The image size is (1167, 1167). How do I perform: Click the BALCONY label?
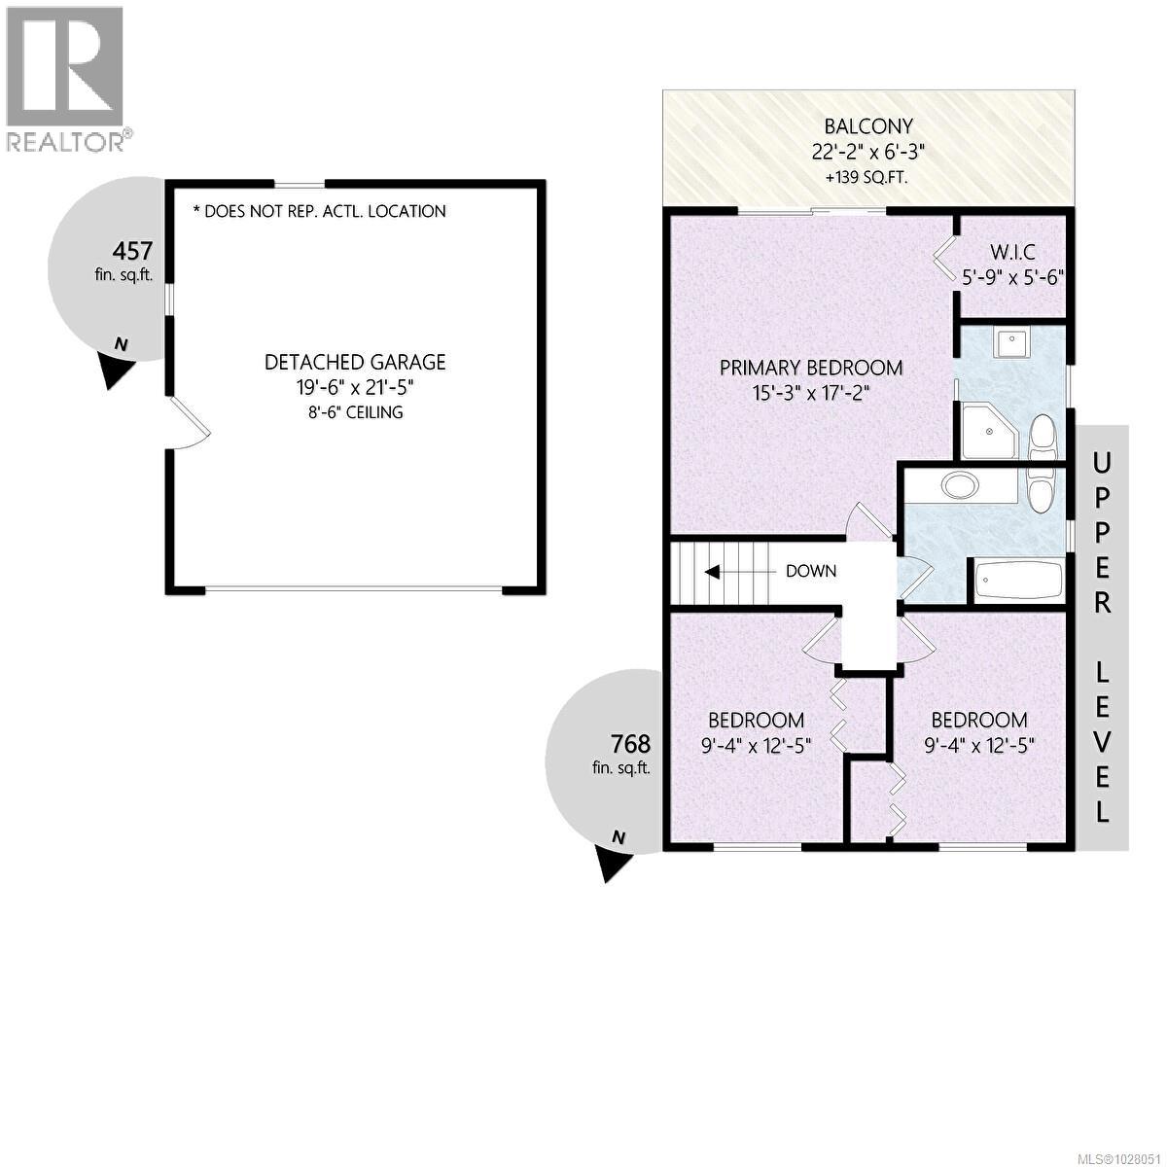(868, 125)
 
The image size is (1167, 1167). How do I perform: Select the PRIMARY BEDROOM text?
(811, 368)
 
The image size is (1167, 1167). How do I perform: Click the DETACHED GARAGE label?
(355, 363)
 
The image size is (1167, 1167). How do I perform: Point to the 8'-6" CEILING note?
(355, 412)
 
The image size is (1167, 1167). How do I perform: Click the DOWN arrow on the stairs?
(713, 571)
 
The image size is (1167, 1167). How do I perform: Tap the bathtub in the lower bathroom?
(1017, 582)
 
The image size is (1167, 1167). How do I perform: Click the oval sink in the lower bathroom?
(964, 484)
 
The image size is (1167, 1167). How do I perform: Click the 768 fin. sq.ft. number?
(629, 744)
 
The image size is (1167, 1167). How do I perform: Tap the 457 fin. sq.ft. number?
(132, 251)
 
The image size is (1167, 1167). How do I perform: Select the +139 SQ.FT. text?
(868, 178)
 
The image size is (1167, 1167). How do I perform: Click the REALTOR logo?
(65, 78)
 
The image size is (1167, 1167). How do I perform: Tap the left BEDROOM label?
(756, 721)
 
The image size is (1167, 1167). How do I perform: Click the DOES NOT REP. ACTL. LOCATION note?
(320, 211)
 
